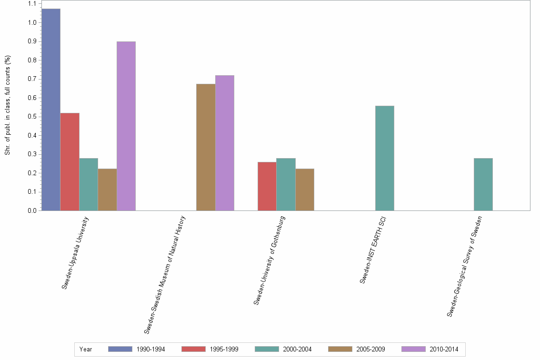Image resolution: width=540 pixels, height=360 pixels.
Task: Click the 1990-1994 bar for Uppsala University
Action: click(x=51, y=110)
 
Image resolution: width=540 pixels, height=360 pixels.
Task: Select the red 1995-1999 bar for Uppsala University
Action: click(x=70, y=162)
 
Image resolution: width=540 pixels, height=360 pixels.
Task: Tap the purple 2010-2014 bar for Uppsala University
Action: click(x=126, y=126)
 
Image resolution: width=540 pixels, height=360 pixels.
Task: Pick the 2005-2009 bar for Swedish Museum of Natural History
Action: click(x=206, y=147)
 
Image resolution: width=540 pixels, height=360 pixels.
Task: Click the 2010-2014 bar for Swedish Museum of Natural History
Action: click(x=225, y=143)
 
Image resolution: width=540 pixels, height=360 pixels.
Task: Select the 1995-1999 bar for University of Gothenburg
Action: click(x=267, y=186)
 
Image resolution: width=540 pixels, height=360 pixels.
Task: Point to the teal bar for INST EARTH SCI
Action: click(x=385, y=158)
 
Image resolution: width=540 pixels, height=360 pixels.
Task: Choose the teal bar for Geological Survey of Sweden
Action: click(x=483, y=184)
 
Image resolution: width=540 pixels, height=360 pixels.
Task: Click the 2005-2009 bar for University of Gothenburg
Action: click(x=305, y=190)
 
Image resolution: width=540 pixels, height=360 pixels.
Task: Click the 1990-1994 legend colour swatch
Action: click(x=120, y=349)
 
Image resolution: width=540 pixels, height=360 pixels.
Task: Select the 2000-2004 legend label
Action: click(x=298, y=350)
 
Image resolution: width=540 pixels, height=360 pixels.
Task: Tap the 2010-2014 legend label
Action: click(x=444, y=350)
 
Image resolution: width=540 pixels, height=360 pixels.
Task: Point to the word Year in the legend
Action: click(x=86, y=350)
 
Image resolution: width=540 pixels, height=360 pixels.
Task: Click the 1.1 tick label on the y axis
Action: click(x=32, y=4)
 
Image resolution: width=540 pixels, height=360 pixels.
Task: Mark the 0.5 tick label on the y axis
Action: click(x=32, y=117)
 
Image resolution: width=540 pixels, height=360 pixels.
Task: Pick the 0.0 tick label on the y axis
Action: click(x=32, y=210)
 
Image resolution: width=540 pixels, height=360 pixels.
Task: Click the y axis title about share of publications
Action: click(x=8, y=105)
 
